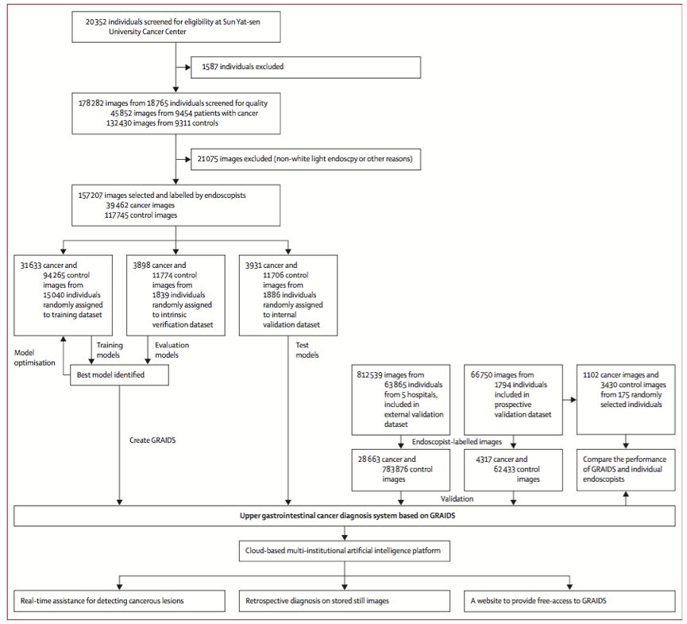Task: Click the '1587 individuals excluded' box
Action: pyautogui.click(x=306, y=67)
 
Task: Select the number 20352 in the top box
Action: pyautogui.click(x=95, y=22)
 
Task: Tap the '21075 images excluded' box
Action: pyautogui.click(x=306, y=159)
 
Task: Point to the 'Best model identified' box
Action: pyautogui.click(x=119, y=375)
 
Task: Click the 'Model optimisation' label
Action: pyautogui.click(x=35, y=358)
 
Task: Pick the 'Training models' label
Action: pyautogui.click(x=110, y=350)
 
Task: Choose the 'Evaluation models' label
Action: pyautogui.click(x=172, y=350)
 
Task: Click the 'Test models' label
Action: pyautogui.click(x=307, y=350)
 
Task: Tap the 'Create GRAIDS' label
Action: pyautogui.click(x=152, y=440)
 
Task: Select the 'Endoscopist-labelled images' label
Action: pyautogui.click(x=457, y=442)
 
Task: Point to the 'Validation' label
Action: pyautogui.click(x=457, y=499)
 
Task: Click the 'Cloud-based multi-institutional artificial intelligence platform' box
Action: pyautogui.click(x=345, y=551)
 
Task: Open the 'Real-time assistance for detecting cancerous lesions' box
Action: pyautogui.click(x=119, y=601)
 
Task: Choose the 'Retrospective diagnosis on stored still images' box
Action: pyautogui.click(x=345, y=601)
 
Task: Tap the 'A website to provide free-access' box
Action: pyautogui.click(x=569, y=601)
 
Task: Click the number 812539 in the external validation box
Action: pyautogui.click(x=369, y=375)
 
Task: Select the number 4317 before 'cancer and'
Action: pyautogui.click(x=484, y=459)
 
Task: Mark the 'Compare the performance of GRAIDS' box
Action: pyautogui.click(x=626, y=470)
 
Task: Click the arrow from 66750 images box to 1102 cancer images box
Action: pyautogui.click(x=569, y=400)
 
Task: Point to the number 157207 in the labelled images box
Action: pyautogui.click(x=90, y=196)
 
